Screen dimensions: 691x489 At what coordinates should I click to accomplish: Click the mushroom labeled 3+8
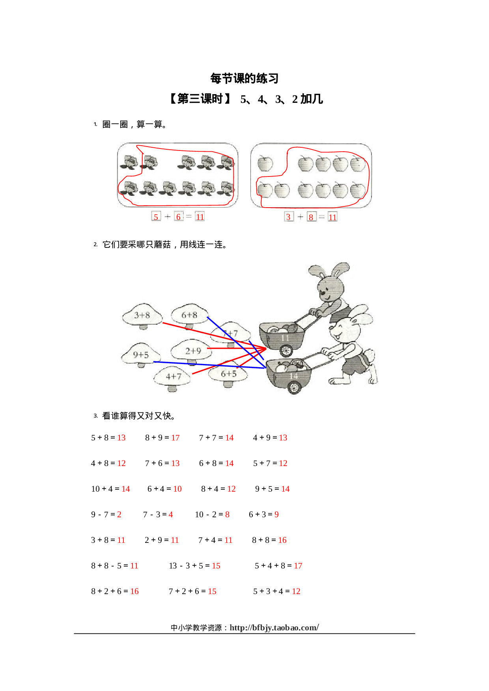pos(142,315)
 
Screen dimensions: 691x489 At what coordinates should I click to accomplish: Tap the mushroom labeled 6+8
pos(189,315)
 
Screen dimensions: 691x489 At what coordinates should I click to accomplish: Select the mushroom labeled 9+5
pos(141,355)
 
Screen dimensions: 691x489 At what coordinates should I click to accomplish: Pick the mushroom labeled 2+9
pos(193,351)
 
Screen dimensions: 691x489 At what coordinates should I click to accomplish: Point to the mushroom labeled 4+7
pos(173,377)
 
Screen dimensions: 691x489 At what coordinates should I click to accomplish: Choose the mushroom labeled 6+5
pos(228,374)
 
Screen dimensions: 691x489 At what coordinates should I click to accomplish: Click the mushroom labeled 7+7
pos(231,334)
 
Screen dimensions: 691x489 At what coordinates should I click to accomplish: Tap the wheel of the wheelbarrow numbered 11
pos(286,350)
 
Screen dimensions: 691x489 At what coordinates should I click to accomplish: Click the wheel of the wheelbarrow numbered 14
pos(294,388)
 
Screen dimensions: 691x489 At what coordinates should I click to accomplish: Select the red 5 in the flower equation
pos(156,217)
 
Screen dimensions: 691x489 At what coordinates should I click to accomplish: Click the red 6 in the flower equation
pos(179,217)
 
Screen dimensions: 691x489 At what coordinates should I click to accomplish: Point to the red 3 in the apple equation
pos(289,217)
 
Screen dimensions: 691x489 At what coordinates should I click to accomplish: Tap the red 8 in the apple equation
pos(311,217)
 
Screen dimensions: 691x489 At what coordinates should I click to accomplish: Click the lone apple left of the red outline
pos(265,163)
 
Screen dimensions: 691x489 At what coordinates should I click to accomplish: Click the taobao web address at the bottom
pos(274,628)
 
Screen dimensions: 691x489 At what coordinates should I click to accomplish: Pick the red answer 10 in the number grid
pos(177,489)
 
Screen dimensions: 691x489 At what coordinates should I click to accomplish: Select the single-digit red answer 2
pos(119,515)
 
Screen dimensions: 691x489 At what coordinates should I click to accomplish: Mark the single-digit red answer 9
pos(276,515)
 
